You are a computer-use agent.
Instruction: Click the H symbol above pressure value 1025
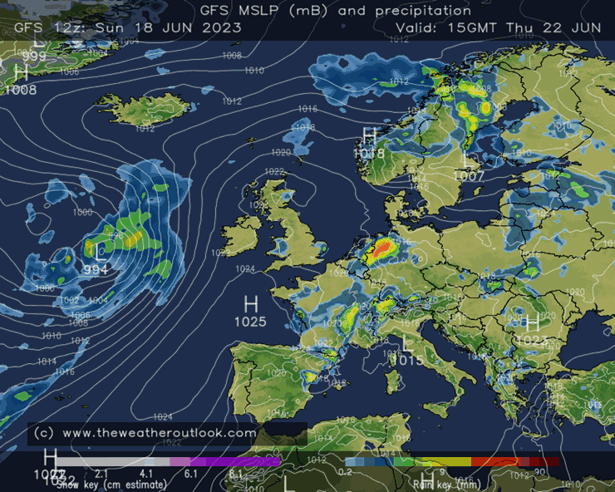250,303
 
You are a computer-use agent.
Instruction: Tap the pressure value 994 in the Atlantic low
96,269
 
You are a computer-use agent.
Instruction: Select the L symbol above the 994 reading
99,252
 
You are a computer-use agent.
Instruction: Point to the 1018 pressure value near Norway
369,153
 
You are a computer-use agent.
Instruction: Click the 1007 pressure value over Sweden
470,175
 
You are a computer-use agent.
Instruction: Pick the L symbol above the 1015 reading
406,342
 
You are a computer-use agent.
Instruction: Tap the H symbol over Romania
533,322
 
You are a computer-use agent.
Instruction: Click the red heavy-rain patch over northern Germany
382,248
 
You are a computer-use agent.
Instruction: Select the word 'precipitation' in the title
422,11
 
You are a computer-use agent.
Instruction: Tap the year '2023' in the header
222,27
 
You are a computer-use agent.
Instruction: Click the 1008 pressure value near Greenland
21,89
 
